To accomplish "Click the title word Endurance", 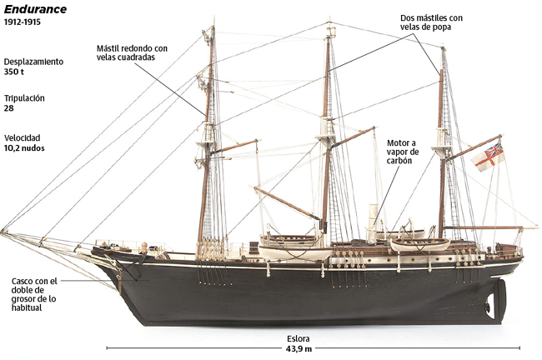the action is coord(35,9).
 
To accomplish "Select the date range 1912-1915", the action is coord(23,22).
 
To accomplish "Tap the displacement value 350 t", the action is coord(14,72).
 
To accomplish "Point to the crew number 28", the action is coord(8,108).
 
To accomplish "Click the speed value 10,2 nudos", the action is coord(24,148).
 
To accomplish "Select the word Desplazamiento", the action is coord(33,62).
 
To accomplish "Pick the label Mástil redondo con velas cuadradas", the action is coord(132,52).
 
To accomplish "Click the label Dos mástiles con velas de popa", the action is coord(431,22).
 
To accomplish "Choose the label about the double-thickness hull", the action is coord(34,294).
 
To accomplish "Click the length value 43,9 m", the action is coord(299,349).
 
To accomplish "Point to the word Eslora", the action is coord(298,339).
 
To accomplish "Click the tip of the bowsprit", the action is coord(3,231).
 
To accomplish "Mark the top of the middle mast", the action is coord(329,18).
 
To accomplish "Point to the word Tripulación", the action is coord(24,98).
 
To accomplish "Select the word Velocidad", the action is coord(23,137).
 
